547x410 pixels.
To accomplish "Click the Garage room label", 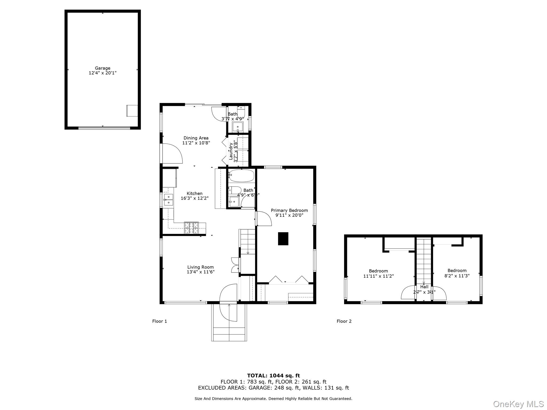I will [103, 68].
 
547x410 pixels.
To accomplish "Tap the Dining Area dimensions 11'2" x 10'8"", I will [196, 143].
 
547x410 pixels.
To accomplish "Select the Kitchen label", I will [194, 193].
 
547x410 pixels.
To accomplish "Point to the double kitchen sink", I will [168, 200].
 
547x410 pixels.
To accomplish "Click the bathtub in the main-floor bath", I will [241, 176].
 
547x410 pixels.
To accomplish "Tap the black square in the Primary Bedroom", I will [283, 239].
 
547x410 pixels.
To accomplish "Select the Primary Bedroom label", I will [289, 210].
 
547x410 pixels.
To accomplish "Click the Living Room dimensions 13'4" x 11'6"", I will [201, 272].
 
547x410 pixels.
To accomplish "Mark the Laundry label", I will [231, 151].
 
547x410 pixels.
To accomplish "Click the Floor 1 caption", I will [159, 321].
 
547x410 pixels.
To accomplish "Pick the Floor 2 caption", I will [344, 321].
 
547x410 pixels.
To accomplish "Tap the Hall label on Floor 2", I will [424, 287].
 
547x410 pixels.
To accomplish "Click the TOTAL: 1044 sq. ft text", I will [273, 376].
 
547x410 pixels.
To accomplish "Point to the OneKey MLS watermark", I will [518, 404].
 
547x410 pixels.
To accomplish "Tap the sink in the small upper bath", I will [237, 127].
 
